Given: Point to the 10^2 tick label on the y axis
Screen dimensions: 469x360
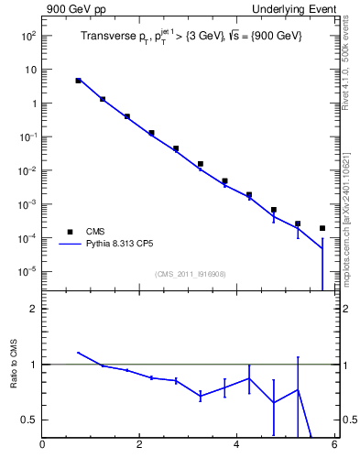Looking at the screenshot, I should (27, 36).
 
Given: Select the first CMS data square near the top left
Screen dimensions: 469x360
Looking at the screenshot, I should (79, 81).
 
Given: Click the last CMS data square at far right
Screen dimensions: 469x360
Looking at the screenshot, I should (322, 228).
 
